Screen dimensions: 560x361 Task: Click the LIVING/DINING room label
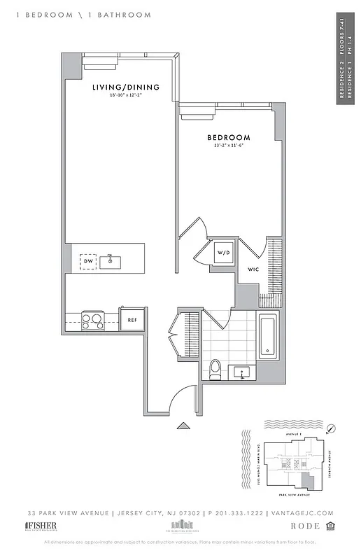pos(126,87)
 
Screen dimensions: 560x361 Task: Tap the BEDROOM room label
pos(228,137)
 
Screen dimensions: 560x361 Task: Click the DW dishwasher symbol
pos(88,262)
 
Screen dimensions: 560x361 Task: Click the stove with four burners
pos(92,321)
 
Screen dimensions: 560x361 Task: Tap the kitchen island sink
pos(110,262)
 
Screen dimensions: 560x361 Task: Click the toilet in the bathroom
pos(215,367)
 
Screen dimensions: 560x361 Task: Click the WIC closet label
pos(253,268)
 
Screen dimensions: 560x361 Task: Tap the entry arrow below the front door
pos(183,425)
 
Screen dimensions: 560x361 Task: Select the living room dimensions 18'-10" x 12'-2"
pos(126,96)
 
